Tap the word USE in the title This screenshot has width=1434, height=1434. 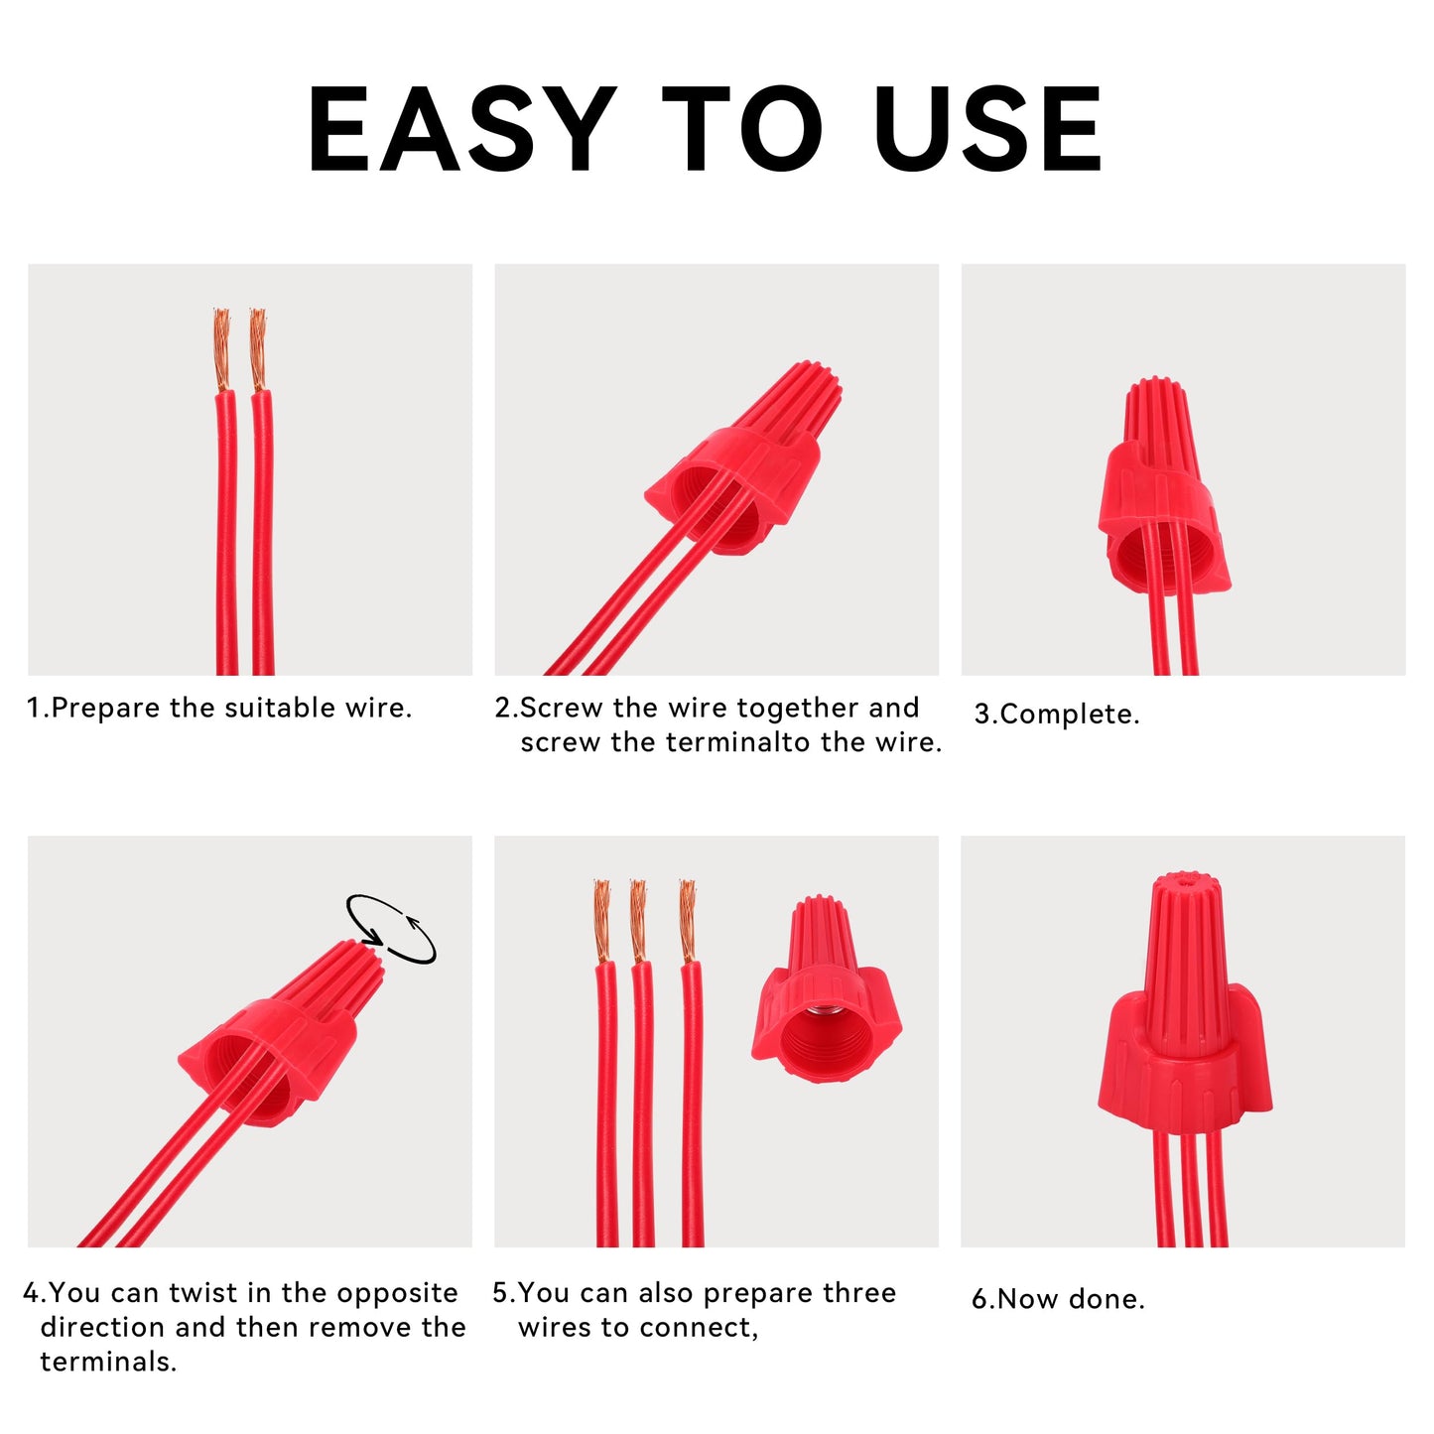tap(987, 129)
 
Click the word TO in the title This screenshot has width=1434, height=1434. tap(742, 129)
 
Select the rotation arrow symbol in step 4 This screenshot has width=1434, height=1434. tap(391, 929)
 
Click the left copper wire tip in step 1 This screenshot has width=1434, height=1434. tap(221, 349)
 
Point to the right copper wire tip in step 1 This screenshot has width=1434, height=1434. tap(257, 349)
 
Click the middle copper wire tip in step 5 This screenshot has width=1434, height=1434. tap(638, 921)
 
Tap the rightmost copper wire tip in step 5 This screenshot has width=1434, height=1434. tap(688, 921)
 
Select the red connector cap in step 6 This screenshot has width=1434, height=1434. tap(1185, 1004)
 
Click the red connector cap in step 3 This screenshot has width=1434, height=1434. tap(1162, 486)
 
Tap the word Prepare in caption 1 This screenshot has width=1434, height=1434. tap(105, 709)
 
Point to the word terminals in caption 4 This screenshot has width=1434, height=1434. tap(108, 1362)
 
